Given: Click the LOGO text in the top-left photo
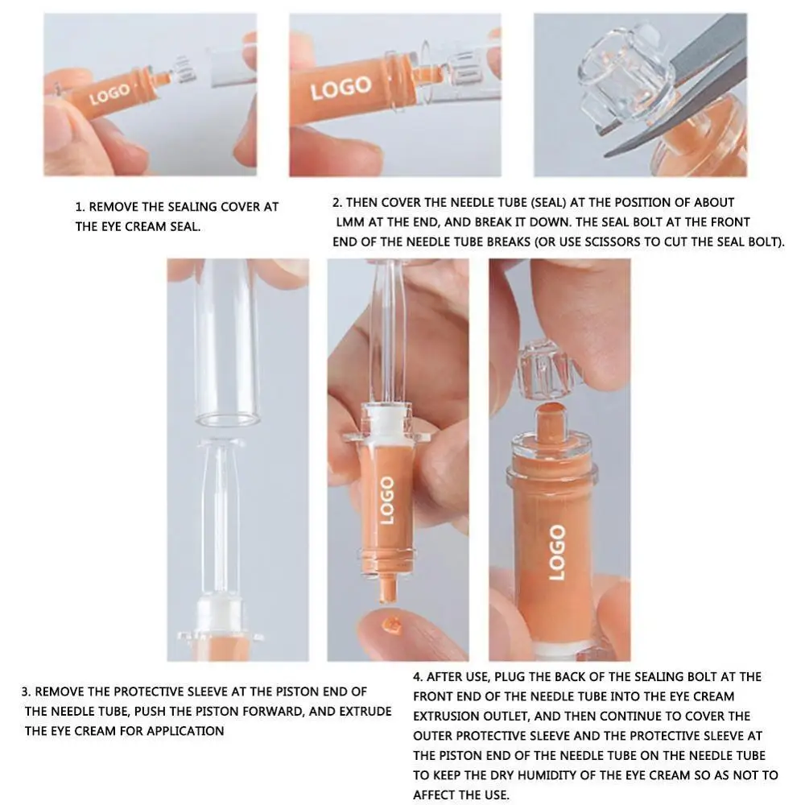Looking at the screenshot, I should click(x=109, y=94).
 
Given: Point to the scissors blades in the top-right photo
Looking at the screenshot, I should click(x=684, y=105).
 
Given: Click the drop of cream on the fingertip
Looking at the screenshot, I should click(x=394, y=623).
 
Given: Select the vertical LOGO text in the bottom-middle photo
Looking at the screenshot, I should click(x=386, y=500).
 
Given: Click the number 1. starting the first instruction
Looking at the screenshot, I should click(x=80, y=207).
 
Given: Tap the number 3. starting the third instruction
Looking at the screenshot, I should click(x=27, y=691).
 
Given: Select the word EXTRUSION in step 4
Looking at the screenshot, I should click(x=444, y=716).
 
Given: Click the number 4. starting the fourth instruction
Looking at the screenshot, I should click(x=419, y=677).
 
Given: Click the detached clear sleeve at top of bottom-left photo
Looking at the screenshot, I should click(x=228, y=346).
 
